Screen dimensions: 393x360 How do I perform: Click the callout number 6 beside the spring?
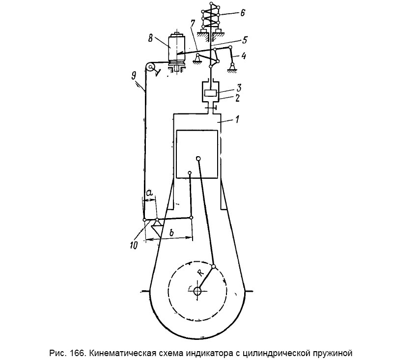tap(242, 13)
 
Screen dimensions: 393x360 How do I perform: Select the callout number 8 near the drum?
tap(151, 39)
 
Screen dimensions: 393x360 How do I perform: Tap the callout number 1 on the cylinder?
tap(237, 118)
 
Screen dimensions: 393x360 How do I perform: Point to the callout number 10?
tap(134, 245)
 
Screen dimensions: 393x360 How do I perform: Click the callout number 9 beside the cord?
tap(134, 76)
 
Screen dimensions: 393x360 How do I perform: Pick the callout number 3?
tap(239, 88)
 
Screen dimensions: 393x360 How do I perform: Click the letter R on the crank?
tap(200, 273)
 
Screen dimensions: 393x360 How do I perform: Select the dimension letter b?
tap(171, 232)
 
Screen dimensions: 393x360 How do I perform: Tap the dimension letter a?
tap(149, 193)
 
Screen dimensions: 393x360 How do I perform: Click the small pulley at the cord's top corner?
tap(151, 67)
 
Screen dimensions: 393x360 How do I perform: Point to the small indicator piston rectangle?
tap(210, 93)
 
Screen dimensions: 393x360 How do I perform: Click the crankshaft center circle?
tap(197, 291)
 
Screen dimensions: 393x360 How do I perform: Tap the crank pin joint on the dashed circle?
tap(214, 267)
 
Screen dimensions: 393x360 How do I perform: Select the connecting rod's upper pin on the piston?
tap(198, 158)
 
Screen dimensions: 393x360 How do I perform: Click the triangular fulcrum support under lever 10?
tap(157, 228)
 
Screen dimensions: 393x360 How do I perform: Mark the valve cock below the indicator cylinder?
tap(211, 108)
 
